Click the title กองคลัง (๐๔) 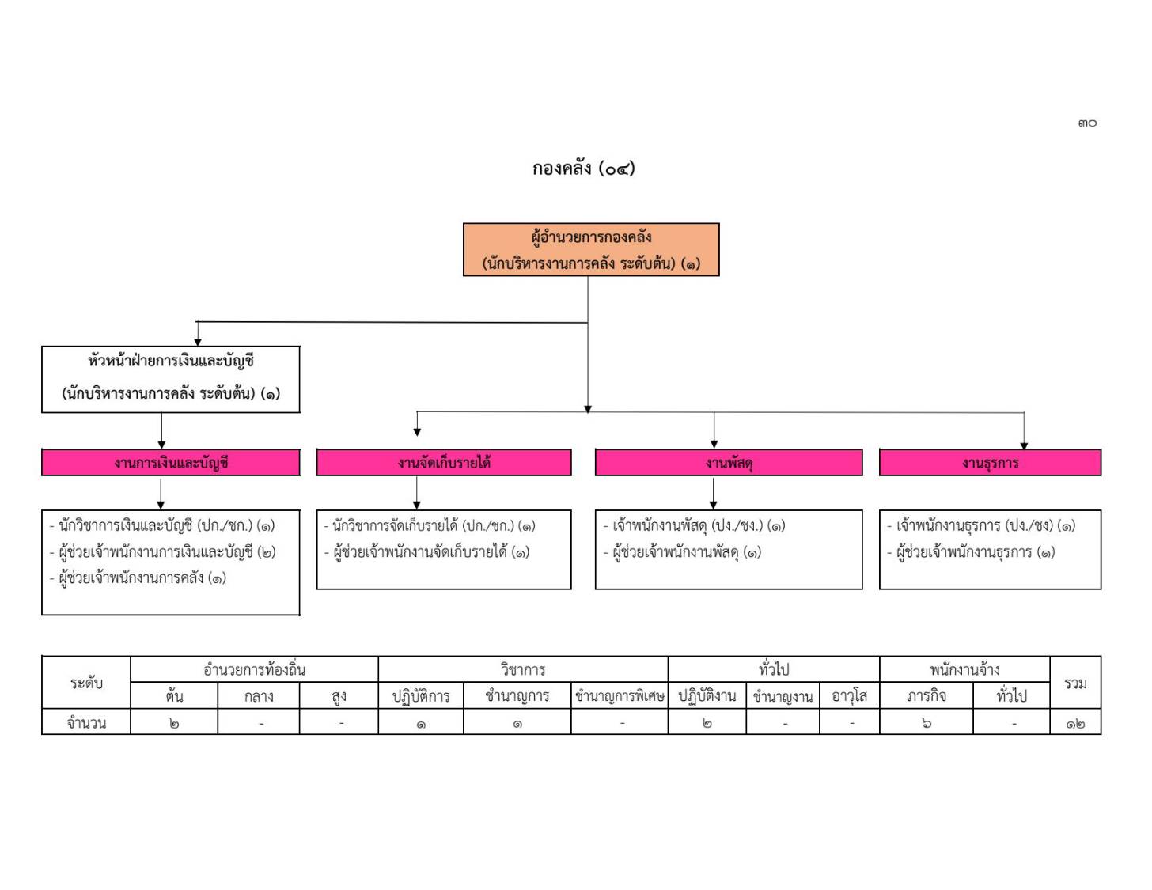pyautogui.click(x=583, y=169)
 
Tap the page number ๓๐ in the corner pyautogui.click(x=1087, y=123)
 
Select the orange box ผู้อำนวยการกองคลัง pyautogui.click(x=591, y=250)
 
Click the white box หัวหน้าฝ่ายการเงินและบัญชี pyautogui.click(x=171, y=380)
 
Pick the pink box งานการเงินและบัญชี pyautogui.click(x=171, y=463)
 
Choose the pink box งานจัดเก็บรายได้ pyautogui.click(x=444, y=463)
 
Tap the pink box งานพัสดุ pyautogui.click(x=729, y=463)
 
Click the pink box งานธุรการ pyautogui.click(x=991, y=463)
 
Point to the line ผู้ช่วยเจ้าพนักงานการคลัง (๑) pyautogui.click(x=138, y=578)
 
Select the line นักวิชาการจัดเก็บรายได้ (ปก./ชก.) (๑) pyautogui.click(x=430, y=526)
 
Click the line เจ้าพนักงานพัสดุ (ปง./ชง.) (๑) pyautogui.click(x=694, y=526)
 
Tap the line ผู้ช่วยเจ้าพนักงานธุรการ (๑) pyautogui.click(x=972, y=552)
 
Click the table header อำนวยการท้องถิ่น pyautogui.click(x=255, y=670)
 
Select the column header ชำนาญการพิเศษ pyautogui.click(x=620, y=696)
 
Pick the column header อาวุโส pyautogui.click(x=850, y=696)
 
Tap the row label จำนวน pyautogui.click(x=86, y=723)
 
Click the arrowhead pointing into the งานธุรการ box pyautogui.click(x=1025, y=446)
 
